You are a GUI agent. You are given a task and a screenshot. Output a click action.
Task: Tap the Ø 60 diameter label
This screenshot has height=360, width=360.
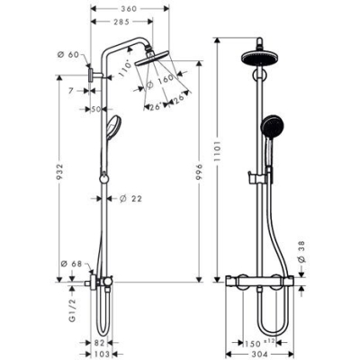tap(71, 55)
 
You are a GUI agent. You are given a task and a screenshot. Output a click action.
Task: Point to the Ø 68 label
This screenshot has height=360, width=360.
tap(71, 264)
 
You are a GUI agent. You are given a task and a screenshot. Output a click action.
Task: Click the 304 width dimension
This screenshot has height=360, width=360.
tap(260, 355)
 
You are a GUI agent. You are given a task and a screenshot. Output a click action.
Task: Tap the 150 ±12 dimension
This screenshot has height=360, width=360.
tap(257, 343)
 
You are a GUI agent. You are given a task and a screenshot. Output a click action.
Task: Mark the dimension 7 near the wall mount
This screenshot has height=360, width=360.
tap(72, 91)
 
